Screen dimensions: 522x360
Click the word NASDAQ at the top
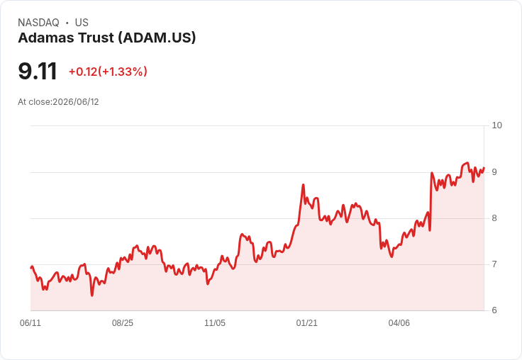pos(38,23)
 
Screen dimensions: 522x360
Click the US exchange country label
pos(82,23)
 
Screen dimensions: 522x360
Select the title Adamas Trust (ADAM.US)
pos(107,38)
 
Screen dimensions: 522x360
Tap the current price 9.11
pos(38,71)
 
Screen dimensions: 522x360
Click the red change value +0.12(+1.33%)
pos(108,72)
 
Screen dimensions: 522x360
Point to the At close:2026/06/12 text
pos(58,102)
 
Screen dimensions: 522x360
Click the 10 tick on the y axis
pos(496,125)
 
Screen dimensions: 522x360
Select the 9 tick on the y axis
pos(494,172)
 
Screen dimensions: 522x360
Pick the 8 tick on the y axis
pos(494,218)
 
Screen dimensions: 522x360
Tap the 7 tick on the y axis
pos(494,264)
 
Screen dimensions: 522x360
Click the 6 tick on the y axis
pos(494,310)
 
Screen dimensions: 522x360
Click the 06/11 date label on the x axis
pos(30,323)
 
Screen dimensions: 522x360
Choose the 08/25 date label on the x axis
pos(123,323)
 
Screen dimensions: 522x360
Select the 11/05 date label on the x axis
pos(215,323)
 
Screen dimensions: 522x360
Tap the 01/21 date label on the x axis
pos(306,323)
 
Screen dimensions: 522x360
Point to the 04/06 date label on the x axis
pos(399,323)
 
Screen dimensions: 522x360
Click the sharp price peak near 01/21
pos(304,184)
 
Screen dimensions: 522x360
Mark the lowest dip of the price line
pos(92,296)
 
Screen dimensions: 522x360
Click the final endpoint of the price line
pos(484,168)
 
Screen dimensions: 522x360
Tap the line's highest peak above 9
pos(467,163)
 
